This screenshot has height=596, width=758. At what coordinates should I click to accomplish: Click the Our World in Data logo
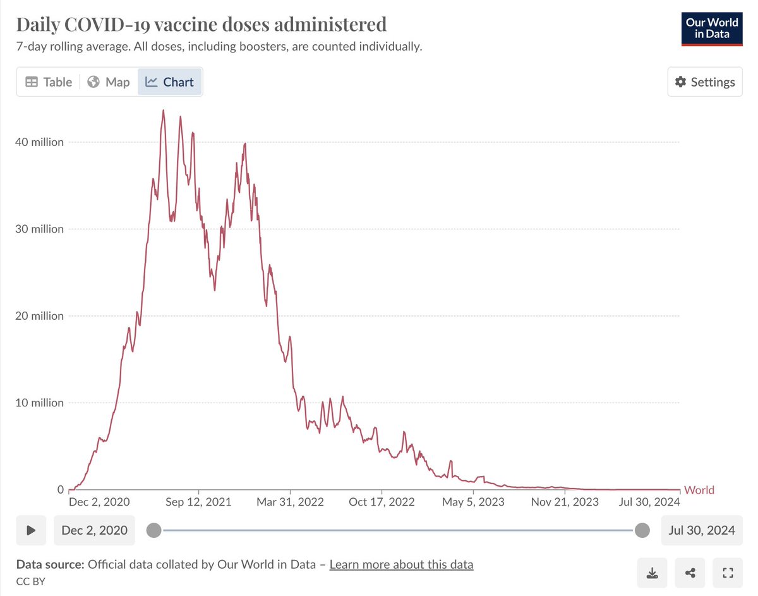coord(711,28)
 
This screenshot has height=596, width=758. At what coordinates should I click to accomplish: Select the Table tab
coord(49,82)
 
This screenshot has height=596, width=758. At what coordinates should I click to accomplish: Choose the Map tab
coord(109,82)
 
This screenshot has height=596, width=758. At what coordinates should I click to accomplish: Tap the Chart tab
coord(170,82)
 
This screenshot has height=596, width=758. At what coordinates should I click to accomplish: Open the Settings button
coord(705,82)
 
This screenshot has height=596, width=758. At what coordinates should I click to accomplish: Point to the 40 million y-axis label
coord(39,142)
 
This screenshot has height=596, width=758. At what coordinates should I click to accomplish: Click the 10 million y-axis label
coord(39,403)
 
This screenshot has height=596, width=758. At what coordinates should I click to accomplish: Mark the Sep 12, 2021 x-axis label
coord(198,502)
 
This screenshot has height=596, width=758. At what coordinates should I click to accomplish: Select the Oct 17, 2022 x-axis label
coord(382,502)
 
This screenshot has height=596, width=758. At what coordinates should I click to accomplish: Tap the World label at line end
coord(700,490)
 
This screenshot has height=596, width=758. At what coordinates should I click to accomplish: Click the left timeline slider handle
coord(153,530)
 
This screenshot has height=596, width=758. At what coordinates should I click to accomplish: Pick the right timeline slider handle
coord(642,530)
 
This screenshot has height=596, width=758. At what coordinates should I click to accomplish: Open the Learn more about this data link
coord(401,564)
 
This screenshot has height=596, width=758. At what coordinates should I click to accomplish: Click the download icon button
coord(653,573)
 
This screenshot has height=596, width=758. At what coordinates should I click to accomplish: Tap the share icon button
coord(690,573)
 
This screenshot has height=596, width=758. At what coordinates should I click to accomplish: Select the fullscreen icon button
coord(728,573)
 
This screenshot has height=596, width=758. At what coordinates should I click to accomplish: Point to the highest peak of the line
coord(163,111)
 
